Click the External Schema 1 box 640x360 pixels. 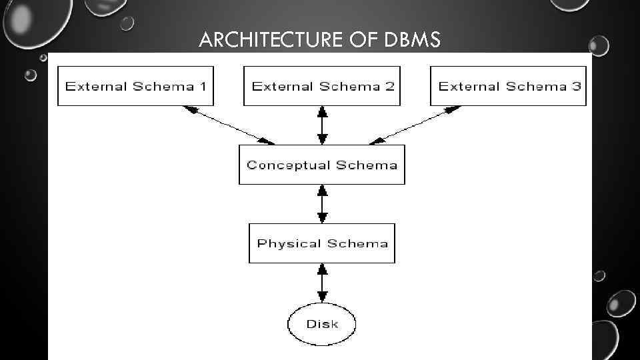[135, 86]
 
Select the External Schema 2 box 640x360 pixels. [322, 86]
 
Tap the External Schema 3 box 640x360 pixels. [509, 86]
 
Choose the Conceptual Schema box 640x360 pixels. [322, 165]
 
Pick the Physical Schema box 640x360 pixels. [322, 243]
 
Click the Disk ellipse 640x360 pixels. [322, 325]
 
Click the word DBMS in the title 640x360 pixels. [413, 41]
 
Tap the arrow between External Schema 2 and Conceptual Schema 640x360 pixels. [323, 125]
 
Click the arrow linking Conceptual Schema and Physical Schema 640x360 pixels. [323, 204]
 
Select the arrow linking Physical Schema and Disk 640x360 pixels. [323, 283]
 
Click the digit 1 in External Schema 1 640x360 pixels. [202, 86]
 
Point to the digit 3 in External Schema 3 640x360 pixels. [576, 86]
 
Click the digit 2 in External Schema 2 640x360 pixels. [389, 86]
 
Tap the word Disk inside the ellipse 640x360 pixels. [322, 325]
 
